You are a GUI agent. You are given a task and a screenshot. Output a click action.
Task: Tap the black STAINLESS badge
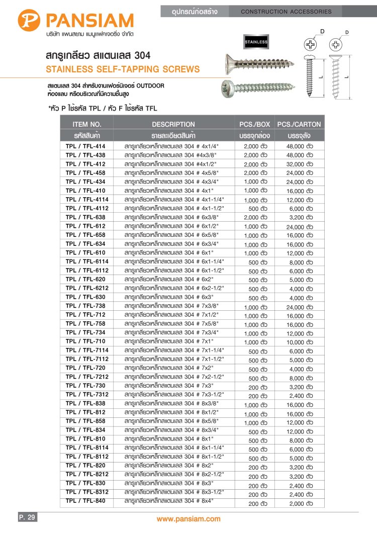coord(256,42)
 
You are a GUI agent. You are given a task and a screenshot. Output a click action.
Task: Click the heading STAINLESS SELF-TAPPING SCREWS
coord(123,69)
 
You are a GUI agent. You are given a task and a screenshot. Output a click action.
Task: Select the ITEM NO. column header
coord(87,124)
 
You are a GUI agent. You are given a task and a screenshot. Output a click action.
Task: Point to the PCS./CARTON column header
coord(299,124)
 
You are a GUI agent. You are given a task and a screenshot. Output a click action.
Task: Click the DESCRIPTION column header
coord(173,124)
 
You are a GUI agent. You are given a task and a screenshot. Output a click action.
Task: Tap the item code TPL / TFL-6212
coord(87,288)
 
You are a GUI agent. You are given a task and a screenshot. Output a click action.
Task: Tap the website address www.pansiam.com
coord(189,519)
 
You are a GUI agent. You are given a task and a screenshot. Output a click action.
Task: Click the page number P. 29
coord(27,517)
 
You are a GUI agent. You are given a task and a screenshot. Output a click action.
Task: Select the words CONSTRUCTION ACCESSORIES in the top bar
coord(287,11)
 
